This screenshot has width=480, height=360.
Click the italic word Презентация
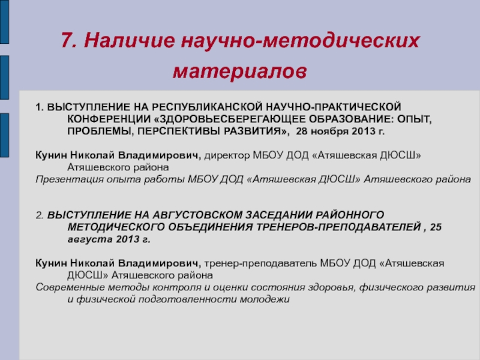point(67,179)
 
